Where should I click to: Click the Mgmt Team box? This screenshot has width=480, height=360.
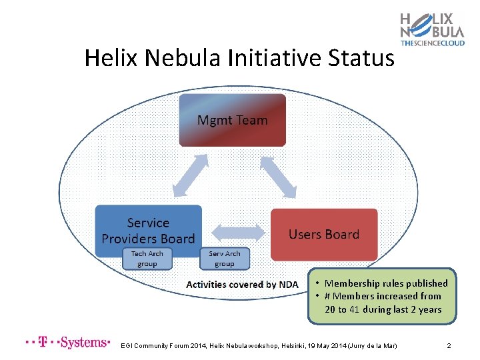232,120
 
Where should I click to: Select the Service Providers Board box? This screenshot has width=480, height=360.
148,231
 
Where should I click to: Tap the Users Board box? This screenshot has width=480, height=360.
323,234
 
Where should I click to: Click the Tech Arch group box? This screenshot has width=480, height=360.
147,259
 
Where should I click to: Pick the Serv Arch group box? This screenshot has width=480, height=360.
225,259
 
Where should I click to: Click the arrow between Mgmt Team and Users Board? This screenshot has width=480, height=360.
278,177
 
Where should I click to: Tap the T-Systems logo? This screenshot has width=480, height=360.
67,343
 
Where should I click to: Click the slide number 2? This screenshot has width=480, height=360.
449,346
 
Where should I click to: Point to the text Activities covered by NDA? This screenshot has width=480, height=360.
242,285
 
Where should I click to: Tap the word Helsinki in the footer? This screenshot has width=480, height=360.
301,346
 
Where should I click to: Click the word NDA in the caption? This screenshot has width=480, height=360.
288,285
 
